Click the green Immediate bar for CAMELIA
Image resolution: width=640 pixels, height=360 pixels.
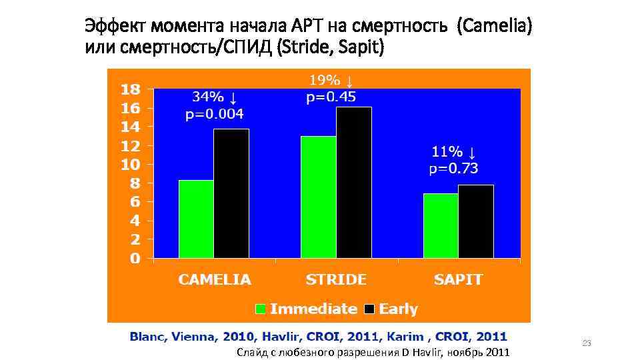click(196, 219)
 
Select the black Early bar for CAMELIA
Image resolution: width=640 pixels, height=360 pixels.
click(231, 193)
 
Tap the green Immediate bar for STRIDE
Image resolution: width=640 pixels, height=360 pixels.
click(318, 197)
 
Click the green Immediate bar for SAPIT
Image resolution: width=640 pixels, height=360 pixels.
click(441, 225)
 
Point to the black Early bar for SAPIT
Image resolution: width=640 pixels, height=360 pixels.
click(475, 221)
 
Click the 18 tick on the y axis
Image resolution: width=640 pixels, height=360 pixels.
click(130, 89)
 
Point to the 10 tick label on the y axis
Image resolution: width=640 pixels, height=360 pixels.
click(130, 164)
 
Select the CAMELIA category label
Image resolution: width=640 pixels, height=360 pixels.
click(214, 280)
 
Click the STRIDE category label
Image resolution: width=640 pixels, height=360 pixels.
click(336, 280)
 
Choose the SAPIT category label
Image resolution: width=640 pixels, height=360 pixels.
click(458, 280)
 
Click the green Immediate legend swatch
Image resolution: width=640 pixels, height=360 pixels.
click(261, 309)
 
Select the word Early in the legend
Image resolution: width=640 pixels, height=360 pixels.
click(398, 309)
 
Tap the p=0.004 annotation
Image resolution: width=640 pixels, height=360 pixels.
click(214, 114)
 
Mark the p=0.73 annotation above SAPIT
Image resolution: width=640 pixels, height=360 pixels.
click(453, 169)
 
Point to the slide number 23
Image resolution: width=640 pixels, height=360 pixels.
click(587, 343)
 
